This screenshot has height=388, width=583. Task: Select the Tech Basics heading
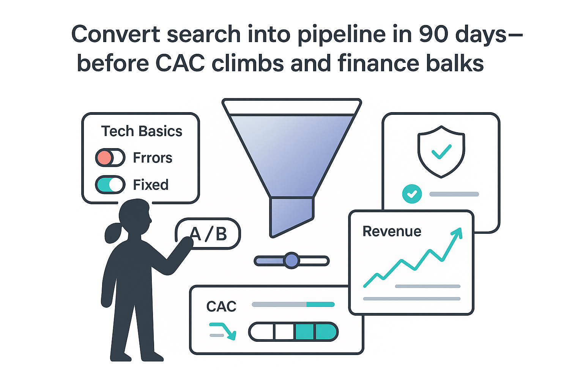click(142, 131)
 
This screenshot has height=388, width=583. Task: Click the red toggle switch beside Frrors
click(110, 158)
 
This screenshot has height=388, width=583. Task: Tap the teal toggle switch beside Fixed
click(110, 185)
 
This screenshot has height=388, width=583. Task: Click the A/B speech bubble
click(208, 234)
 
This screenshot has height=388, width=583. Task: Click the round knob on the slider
click(291, 261)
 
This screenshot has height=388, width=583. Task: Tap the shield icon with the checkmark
click(441, 152)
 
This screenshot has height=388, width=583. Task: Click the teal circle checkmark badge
click(412, 194)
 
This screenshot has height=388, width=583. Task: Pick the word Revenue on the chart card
click(392, 231)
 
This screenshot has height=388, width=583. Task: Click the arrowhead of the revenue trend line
click(458, 232)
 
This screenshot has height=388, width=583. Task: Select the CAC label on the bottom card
click(221, 306)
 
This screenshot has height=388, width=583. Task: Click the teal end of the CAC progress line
click(320, 304)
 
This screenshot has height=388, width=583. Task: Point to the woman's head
click(135, 216)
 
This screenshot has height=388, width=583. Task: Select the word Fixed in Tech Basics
click(151, 185)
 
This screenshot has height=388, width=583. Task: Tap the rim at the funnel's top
click(291, 107)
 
